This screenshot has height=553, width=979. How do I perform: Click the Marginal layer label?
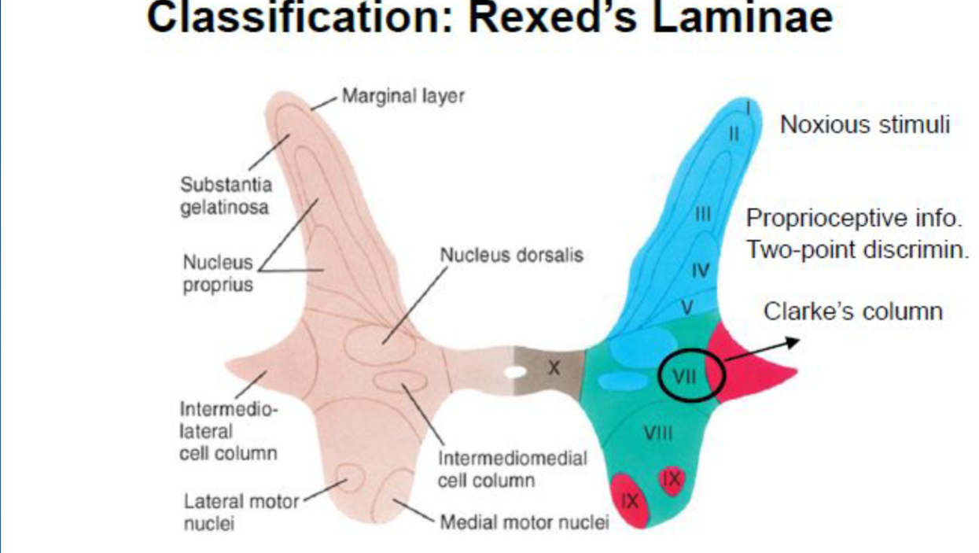tap(403, 96)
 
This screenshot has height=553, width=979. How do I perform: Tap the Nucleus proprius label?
tap(218, 272)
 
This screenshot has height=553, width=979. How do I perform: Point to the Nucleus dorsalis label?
tap(511, 255)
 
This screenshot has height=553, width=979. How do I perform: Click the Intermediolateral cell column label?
tap(228, 431)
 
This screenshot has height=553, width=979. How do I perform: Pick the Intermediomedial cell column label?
tap(512, 469)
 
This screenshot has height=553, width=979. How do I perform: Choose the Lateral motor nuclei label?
tap(241, 511)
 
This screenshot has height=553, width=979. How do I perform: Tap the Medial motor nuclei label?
tap(524, 522)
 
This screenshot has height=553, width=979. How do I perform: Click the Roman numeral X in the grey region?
tap(554, 367)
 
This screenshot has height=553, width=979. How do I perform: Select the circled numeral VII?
tap(685, 376)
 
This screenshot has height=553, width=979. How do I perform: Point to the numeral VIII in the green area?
tap(658, 433)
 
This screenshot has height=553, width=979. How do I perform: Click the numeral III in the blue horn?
tap(704, 212)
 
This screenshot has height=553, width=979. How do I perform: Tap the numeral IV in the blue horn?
tap(700, 271)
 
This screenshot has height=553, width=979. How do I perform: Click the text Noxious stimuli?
tap(865, 124)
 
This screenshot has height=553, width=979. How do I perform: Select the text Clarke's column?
tap(853, 312)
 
